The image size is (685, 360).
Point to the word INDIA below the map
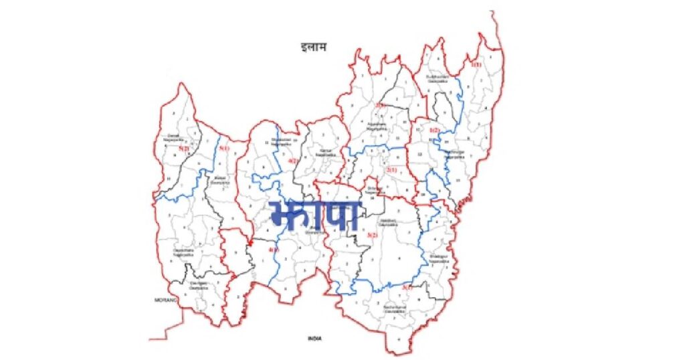pyautogui.click(x=315, y=339)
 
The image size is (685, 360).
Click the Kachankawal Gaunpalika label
pyautogui.click(x=394, y=309)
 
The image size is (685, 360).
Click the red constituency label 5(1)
pyautogui.click(x=223, y=149)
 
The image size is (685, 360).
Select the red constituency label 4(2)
pyautogui.click(x=292, y=161)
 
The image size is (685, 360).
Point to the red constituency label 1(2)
pyautogui.click(x=434, y=130)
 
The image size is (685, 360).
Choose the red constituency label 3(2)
pyautogui.click(x=373, y=234)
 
